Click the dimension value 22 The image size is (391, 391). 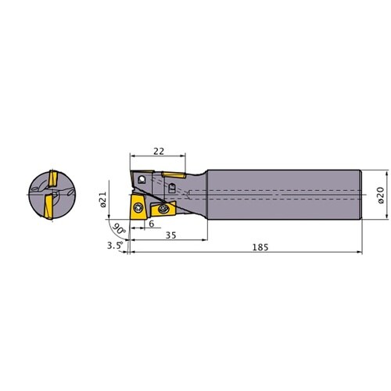[x=159, y=151]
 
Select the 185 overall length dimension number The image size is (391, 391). [x=260, y=247]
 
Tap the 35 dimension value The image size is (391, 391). [x=171, y=235]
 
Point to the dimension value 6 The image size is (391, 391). [x=152, y=224]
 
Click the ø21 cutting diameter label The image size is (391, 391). [x=103, y=199]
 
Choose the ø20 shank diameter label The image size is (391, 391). [x=381, y=195]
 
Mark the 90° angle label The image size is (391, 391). [x=119, y=229]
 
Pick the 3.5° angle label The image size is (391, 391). [x=115, y=245]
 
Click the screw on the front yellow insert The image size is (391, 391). [x=137, y=208]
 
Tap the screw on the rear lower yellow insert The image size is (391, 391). [x=163, y=208]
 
